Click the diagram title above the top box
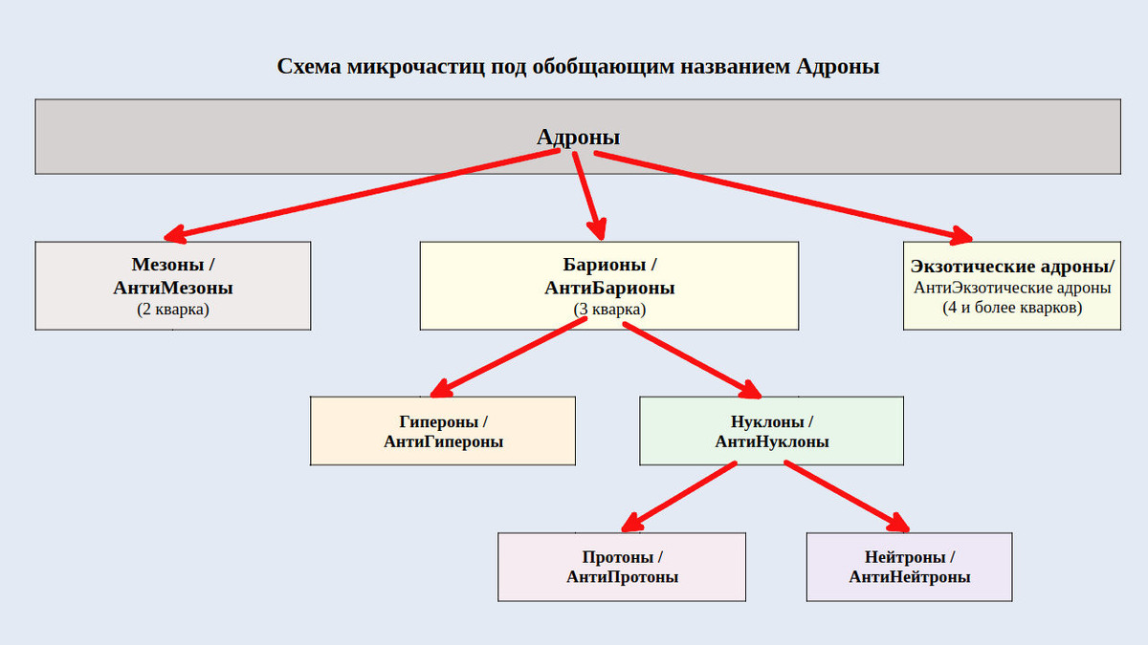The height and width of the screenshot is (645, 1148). pos(578,67)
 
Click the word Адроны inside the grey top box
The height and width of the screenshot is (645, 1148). pos(578,138)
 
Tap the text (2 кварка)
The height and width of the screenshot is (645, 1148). pos(173,310)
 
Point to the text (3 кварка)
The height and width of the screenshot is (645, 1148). pos(609,310)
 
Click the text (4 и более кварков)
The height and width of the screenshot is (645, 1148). pos(1012,308)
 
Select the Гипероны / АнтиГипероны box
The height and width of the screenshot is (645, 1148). pos(443,431)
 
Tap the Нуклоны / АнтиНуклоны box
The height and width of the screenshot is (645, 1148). pos(771,431)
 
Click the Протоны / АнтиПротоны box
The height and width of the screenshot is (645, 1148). pos(622,567)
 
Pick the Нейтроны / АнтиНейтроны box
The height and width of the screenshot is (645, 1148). pos(909,567)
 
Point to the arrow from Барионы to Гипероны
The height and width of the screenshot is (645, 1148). pos(507,357)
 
